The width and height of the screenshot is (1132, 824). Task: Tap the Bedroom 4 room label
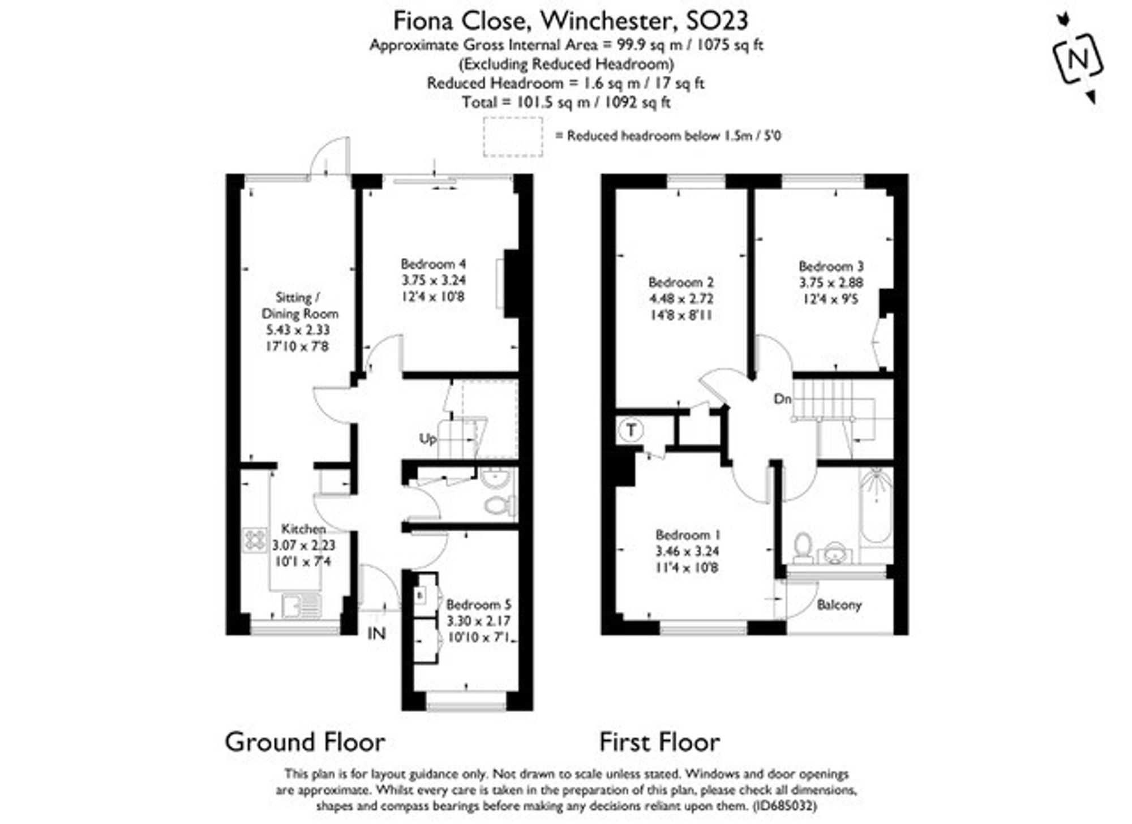433,264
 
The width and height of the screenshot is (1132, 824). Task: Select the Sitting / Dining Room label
299,306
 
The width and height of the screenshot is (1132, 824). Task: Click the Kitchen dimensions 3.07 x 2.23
303,546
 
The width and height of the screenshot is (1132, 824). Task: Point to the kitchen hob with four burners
255,539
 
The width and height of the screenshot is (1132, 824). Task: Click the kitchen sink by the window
302,605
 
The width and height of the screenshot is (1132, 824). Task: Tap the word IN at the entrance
376,633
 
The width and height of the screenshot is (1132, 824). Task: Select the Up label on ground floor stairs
427,439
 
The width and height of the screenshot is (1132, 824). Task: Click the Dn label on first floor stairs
782,399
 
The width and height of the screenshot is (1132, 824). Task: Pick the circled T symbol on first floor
631,430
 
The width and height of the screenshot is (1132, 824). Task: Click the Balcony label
839,605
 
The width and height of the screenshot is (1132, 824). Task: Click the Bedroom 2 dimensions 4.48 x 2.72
681,299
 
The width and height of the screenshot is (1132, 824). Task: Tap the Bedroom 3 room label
831,266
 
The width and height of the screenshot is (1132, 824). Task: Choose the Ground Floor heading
305,742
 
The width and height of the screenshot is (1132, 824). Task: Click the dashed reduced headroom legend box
512,137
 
